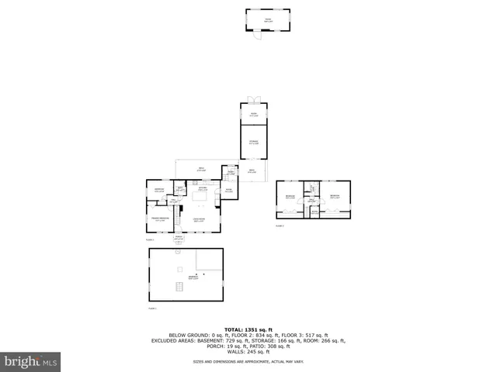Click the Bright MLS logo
pyautogui.click(x=31, y=361)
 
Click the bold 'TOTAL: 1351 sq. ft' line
pyautogui.click(x=248, y=329)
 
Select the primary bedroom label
pyautogui.click(x=160, y=220)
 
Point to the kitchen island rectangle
pyautogui.click(x=199, y=198)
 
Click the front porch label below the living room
pyautogui.click(x=179, y=239)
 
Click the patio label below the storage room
pyautogui.click(x=252, y=170)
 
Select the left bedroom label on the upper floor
pyautogui.click(x=290, y=197)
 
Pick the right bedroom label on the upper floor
pyautogui.click(x=335, y=197)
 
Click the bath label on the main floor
pyautogui.click(x=179, y=188)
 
